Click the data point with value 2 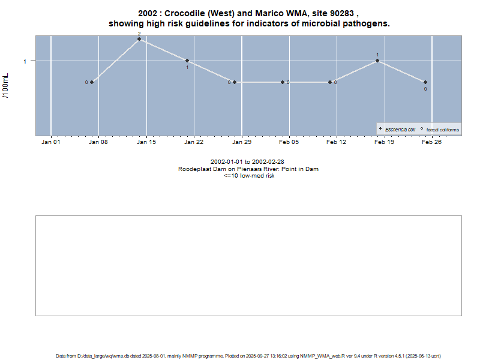tap(139, 39)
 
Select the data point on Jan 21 tap(187, 61)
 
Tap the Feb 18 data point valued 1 tap(377, 61)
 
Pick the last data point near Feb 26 tap(425, 82)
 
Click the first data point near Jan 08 tap(92, 82)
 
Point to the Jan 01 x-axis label tap(51, 142)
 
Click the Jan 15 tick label tap(146, 142)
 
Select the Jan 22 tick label tap(194, 142)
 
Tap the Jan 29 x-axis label tap(242, 142)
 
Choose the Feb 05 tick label tap(289, 142)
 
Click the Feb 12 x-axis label tap(337, 142)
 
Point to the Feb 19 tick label tap(385, 142)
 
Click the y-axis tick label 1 tap(25, 61)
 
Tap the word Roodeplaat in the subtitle tap(195, 169)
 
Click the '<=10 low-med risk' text tap(249, 176)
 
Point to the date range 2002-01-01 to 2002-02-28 tap(247, 162)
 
